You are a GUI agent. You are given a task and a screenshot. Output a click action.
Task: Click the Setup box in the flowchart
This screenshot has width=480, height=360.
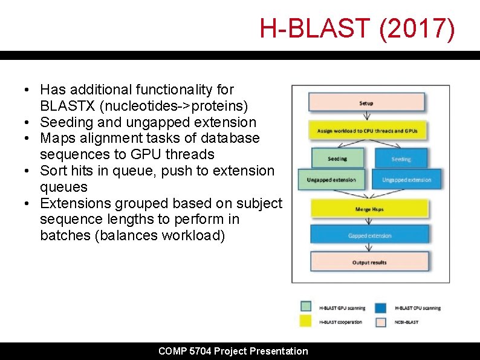366,103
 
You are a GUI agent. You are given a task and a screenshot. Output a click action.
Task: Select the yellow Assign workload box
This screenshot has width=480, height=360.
371,131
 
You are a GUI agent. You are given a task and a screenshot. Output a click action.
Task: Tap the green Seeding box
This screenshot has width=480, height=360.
337,159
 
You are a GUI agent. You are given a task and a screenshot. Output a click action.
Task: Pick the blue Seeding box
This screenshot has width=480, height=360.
401,159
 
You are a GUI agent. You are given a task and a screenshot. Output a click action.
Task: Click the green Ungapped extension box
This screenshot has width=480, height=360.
331,179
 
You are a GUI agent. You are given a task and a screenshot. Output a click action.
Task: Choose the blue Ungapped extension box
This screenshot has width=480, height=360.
406,179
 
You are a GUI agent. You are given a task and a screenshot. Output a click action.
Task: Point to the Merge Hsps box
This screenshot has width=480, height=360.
370,209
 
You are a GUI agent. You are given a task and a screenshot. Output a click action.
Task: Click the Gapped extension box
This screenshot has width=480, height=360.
370,235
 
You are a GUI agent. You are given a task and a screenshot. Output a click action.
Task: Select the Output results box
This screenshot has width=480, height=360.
370,263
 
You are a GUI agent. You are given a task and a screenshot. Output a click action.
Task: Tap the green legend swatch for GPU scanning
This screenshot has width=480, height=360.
306,307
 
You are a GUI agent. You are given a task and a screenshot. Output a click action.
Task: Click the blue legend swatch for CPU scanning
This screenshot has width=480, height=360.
381,307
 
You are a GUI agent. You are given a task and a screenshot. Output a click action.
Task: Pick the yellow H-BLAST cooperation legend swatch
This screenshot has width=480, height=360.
306,321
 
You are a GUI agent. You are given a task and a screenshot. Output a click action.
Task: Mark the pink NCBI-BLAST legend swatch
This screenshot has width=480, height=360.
381,321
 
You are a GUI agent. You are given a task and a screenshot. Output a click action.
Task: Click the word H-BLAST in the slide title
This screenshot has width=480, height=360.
316,28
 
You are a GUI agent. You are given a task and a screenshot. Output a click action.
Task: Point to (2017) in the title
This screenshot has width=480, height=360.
418,28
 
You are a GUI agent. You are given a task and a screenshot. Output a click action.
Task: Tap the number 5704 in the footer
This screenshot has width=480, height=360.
198,351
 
